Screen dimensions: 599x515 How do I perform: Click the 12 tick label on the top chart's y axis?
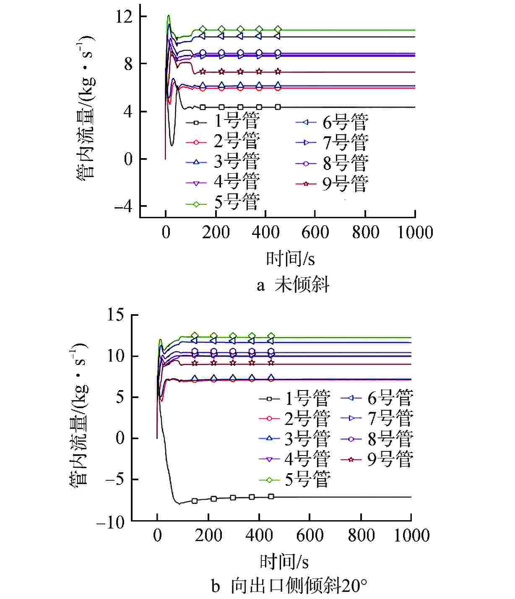pos(126,17)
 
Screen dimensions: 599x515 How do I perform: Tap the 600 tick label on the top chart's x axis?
pos(315,232)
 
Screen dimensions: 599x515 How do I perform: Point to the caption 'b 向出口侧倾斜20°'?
pos(289,586)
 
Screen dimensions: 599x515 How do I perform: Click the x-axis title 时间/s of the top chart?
pos(290,258)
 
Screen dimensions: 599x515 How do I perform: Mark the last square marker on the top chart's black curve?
pos(278,107)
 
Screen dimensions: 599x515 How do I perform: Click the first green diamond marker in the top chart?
pos(203,29)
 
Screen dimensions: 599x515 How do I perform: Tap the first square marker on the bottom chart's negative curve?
pos(195,501)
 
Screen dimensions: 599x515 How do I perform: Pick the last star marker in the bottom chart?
pos(271,362)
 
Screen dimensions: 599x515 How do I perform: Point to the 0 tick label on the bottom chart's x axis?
pos(157,536)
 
